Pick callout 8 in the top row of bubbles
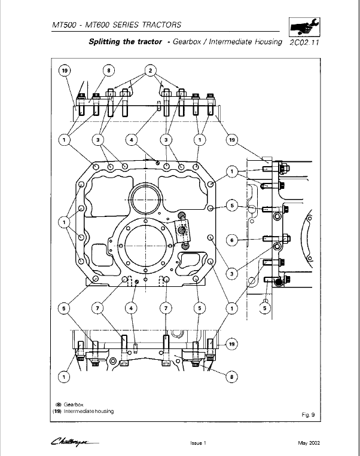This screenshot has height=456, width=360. pyautogui.click(x=108, y=71)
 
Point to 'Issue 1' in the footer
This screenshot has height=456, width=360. pyautogui.click(x=197, y=443)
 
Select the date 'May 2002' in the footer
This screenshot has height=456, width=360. pyautogui.click(x=310, y=443)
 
